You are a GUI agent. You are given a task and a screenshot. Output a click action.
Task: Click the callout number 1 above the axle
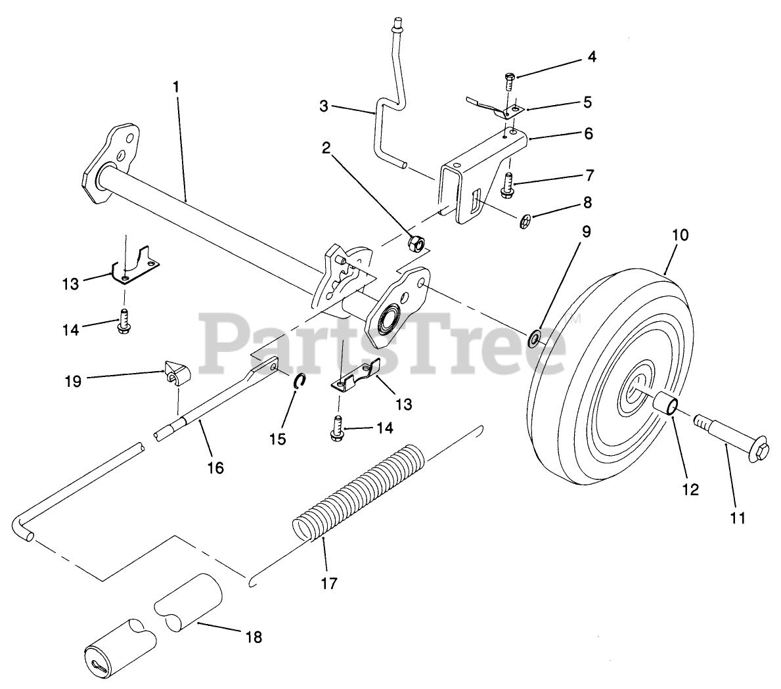click(175, 86)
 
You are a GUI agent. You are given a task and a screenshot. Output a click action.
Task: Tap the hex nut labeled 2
click(415, 244)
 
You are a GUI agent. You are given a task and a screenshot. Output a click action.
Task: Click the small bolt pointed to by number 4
click(509, 81)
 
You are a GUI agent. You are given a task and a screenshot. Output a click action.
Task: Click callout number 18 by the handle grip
click(253, 636)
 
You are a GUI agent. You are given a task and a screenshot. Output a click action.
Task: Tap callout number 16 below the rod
click(215, 468)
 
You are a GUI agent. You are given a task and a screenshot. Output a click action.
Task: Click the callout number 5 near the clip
click(587, 102)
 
